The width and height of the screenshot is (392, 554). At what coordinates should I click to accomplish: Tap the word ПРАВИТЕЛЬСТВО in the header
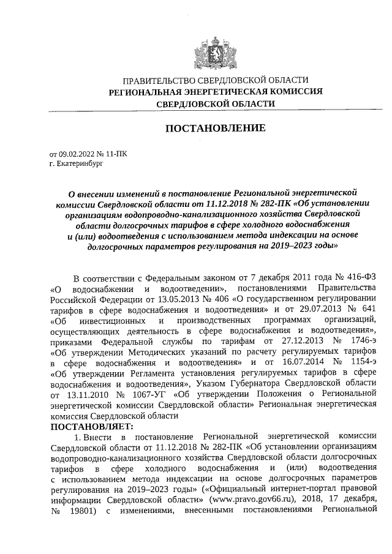click(x=160, y=80)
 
